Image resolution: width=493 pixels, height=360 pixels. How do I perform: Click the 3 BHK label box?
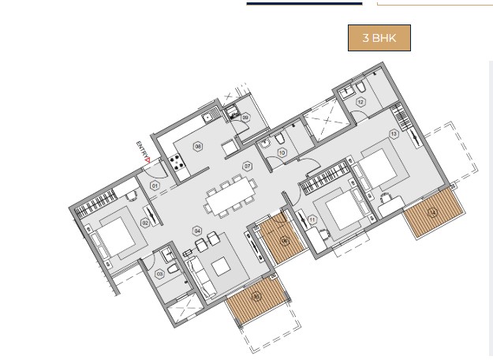[379, 38]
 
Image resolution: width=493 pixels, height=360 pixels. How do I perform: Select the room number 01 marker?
[155, 186]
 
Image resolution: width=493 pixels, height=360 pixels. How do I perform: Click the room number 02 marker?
[145, 223]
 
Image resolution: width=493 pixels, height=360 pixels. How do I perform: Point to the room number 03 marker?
[160, 274]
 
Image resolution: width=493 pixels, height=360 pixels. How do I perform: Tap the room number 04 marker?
[197, 231]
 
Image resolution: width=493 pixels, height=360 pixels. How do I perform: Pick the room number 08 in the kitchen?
[198, 147]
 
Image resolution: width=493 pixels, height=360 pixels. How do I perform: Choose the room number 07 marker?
[247, 167]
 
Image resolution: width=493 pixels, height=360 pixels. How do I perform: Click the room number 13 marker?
[394, 134]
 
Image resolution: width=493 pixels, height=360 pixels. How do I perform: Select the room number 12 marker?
[360, 102]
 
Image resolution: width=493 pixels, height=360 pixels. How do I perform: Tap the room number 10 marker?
[282, 153]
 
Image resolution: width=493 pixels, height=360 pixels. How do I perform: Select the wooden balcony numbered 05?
[256, 298]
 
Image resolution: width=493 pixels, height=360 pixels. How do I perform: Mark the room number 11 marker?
[312, 219]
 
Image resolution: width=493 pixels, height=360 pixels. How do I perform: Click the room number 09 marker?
[245, 118]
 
